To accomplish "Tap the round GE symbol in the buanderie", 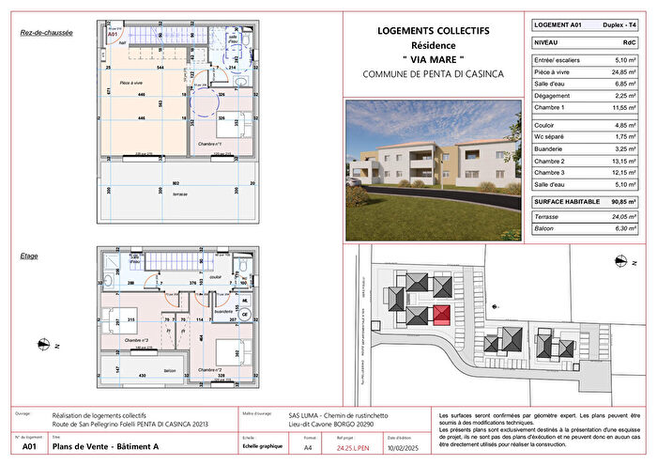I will pos(246,315).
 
